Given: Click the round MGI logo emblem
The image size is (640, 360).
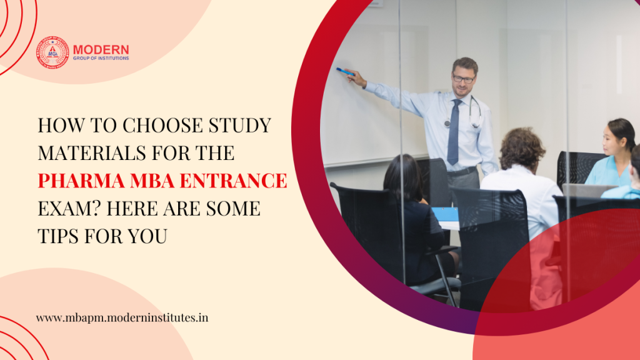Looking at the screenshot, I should (x=52, y=52).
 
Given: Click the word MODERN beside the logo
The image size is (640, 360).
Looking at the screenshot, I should (x=101, y=49).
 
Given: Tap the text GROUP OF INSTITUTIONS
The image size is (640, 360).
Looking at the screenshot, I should (x=101, y=58).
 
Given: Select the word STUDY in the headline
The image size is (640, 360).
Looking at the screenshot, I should (x=241, y=126).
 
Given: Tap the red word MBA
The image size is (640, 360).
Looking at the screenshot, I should (x=153, y=182).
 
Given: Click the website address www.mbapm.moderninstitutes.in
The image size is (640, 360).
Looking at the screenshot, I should (x=122, y=317).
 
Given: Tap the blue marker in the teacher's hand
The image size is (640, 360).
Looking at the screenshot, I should (x=344, y=72).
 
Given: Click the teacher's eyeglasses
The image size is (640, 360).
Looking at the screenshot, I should (x=463, y=79).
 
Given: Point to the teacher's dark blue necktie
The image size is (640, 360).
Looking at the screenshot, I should (x=453, y=132).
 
